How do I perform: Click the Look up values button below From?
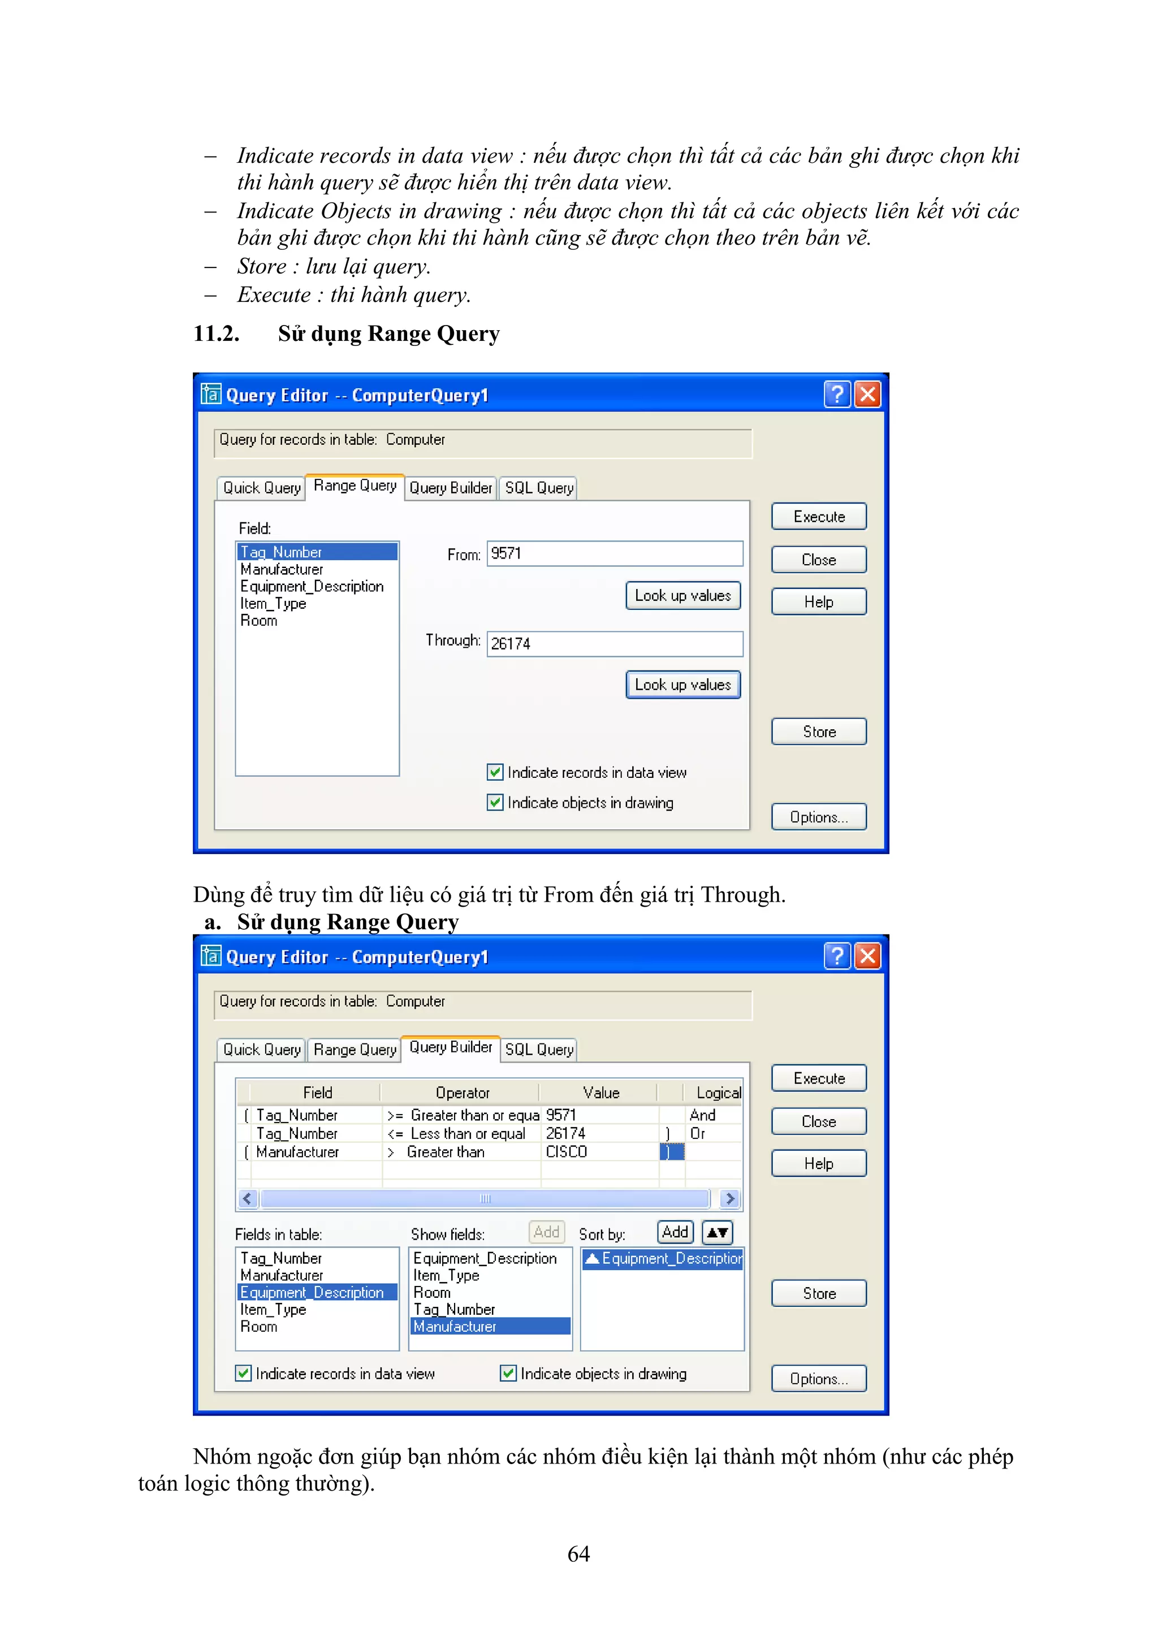point(682,595)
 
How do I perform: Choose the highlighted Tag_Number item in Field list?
point(317,552)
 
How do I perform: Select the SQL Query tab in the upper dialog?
point(538,488)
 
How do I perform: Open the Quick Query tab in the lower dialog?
point(262,1050)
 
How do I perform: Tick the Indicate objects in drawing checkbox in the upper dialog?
point(495,802)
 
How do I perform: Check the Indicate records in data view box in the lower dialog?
point(244,1372)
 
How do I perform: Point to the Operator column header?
point(462,1092)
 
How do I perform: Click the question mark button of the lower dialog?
point(837,955)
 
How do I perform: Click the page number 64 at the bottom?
point(578,1553)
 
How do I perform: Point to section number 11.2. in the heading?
point(216,333)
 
